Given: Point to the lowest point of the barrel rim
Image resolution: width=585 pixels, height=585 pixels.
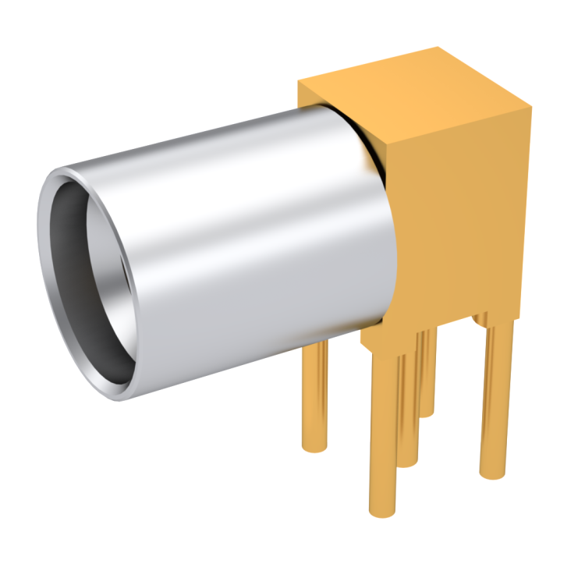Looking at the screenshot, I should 117,394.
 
